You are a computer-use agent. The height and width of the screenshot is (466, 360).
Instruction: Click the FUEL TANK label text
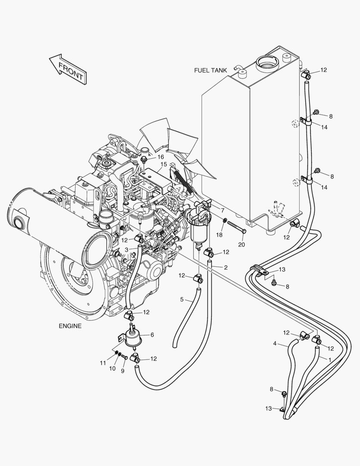click(210, 70)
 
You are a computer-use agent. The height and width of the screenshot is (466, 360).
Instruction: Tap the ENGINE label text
click(70, 326)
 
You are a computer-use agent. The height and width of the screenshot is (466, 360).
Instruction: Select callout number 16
click(160, 157)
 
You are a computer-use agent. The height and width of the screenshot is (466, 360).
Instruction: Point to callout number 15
click(164, 164)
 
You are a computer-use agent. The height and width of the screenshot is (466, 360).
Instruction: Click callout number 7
click(222, 210)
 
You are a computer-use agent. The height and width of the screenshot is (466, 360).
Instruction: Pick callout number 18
click(219, 235)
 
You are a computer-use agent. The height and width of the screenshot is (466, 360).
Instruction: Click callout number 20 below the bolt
click(241, 245)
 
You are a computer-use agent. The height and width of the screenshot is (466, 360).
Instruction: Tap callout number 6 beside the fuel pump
click(152, 334)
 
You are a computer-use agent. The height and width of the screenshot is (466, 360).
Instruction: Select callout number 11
click(103, 363)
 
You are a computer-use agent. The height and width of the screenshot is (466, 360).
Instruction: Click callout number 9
click(122, 371)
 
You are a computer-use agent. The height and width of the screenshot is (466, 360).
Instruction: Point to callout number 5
click(182, 299)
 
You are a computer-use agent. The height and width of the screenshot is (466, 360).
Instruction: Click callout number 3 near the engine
click(126, 250)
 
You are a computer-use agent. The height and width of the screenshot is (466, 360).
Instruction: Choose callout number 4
click(275, 343)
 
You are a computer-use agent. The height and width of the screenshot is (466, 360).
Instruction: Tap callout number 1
click(330, 359)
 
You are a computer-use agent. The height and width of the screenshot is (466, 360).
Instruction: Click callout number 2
click(225, 268)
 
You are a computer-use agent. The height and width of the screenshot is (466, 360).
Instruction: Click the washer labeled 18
click(225, 222)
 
